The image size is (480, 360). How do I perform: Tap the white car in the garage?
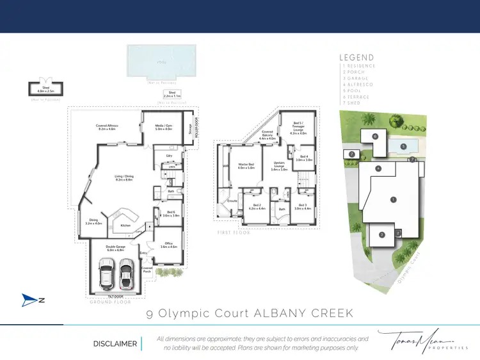tap(127, 274)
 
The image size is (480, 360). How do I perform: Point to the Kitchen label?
tap(125, 225)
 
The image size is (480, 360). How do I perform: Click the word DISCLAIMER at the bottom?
tap(115, 344)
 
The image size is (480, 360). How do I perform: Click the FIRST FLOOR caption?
tap(233, 233)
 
